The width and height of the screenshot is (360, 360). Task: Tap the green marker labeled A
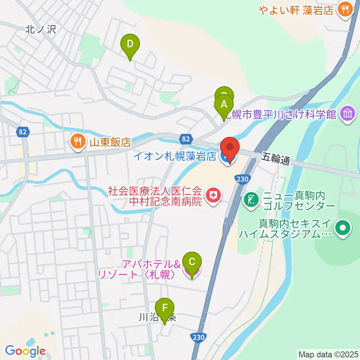(224, 105)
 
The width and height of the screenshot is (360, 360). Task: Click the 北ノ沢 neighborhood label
(40, 30)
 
